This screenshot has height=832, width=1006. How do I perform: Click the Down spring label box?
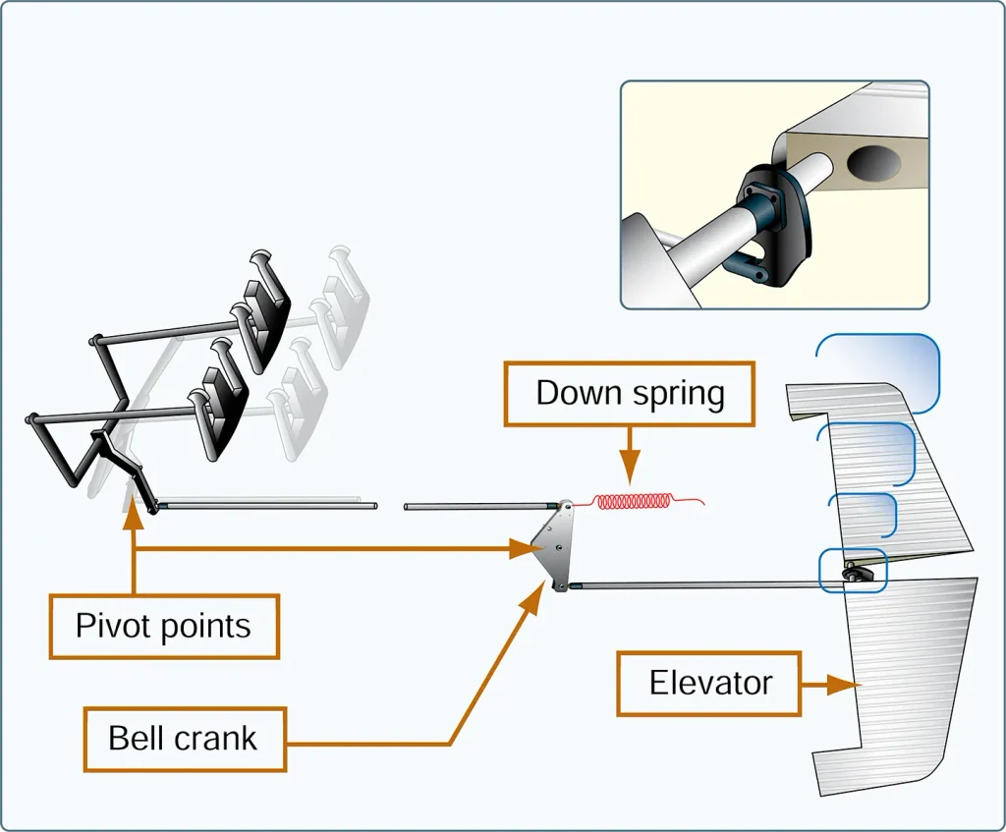[x=630, y=394]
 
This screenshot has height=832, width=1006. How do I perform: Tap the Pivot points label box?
[x=164, y=627]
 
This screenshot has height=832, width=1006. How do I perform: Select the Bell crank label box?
[x=185, y=739]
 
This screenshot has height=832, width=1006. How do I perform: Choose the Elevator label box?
[x=709, y=684]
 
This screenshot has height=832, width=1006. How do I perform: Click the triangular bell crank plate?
[x=557, y=546]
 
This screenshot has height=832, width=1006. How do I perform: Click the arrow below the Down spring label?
[x=630, y=456]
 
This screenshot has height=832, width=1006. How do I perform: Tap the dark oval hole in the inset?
[x=873, y=163]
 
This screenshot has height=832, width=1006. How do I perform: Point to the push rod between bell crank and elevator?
[x=705, y=585]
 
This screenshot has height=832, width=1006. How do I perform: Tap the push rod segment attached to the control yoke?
[x=266, y=506]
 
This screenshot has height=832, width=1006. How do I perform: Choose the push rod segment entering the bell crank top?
[x=481, y=507]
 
